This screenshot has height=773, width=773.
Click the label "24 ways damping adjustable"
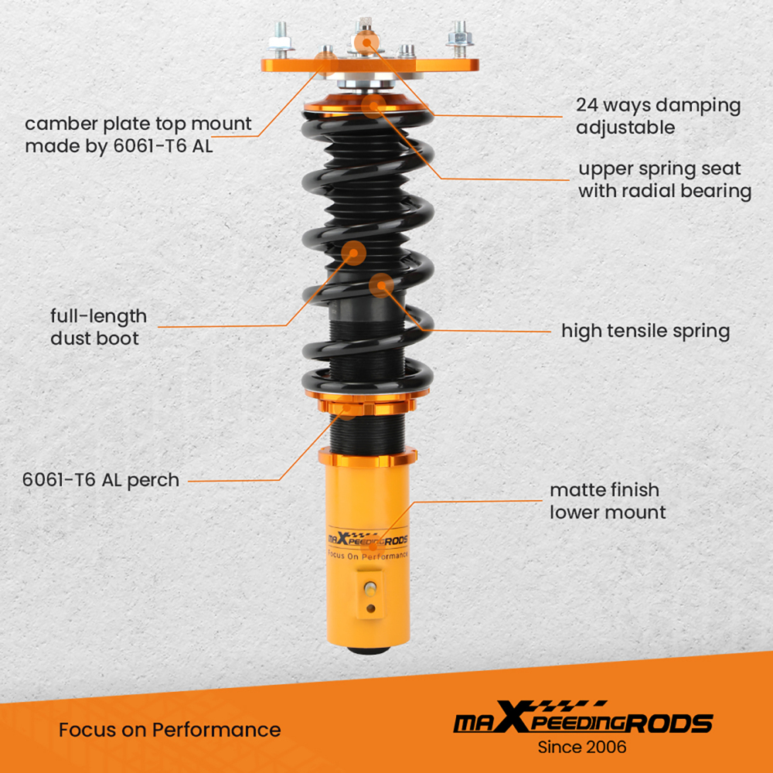click(658, 116)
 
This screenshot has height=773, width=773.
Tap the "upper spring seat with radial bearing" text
click(665, 179)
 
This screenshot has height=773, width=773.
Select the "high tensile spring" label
click(645, 331)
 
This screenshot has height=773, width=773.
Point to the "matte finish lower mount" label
click(608, 500)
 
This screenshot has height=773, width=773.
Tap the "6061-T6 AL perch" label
click(101, 479)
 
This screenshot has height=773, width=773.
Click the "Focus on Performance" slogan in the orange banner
click(169, 729)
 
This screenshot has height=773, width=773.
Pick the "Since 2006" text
click(581, 747)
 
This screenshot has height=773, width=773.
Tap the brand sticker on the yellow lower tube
click(368, 541)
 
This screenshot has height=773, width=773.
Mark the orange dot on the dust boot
click(353, 252)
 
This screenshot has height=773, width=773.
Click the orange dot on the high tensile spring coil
click(380, 285)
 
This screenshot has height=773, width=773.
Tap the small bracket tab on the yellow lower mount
click(372, 595)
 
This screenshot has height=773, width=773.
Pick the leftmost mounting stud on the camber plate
click(279, 41)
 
